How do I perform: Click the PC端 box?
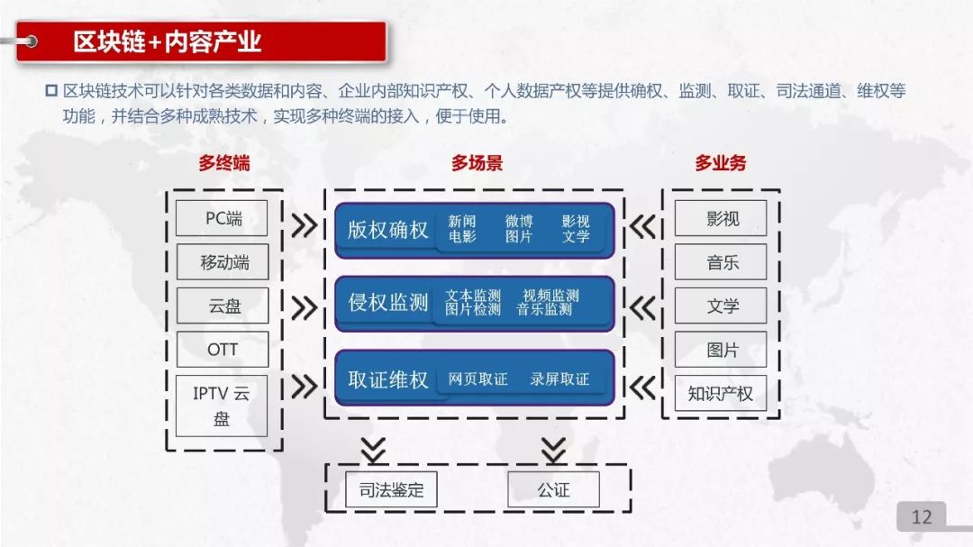point(223,218)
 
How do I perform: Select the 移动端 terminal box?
point(223,262)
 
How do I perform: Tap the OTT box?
point(223,350)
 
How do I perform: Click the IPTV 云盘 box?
point(223,406)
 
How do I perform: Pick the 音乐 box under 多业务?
point(721,262)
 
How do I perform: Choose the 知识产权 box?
point(721,394)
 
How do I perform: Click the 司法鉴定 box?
point(391,490)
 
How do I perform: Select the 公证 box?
point(553,490)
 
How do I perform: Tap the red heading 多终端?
point(223,164)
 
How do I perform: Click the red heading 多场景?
point(477,164)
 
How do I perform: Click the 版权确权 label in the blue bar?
point(388,230)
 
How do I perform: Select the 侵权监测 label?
point(388,303)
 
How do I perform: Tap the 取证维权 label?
point(388,379)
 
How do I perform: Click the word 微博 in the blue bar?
point(519,222)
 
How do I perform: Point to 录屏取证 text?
point(559,379)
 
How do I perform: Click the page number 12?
point(922,516)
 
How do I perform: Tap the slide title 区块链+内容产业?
point(168,41)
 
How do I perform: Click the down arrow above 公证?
point(553,449)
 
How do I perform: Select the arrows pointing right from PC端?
point(305,224)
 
